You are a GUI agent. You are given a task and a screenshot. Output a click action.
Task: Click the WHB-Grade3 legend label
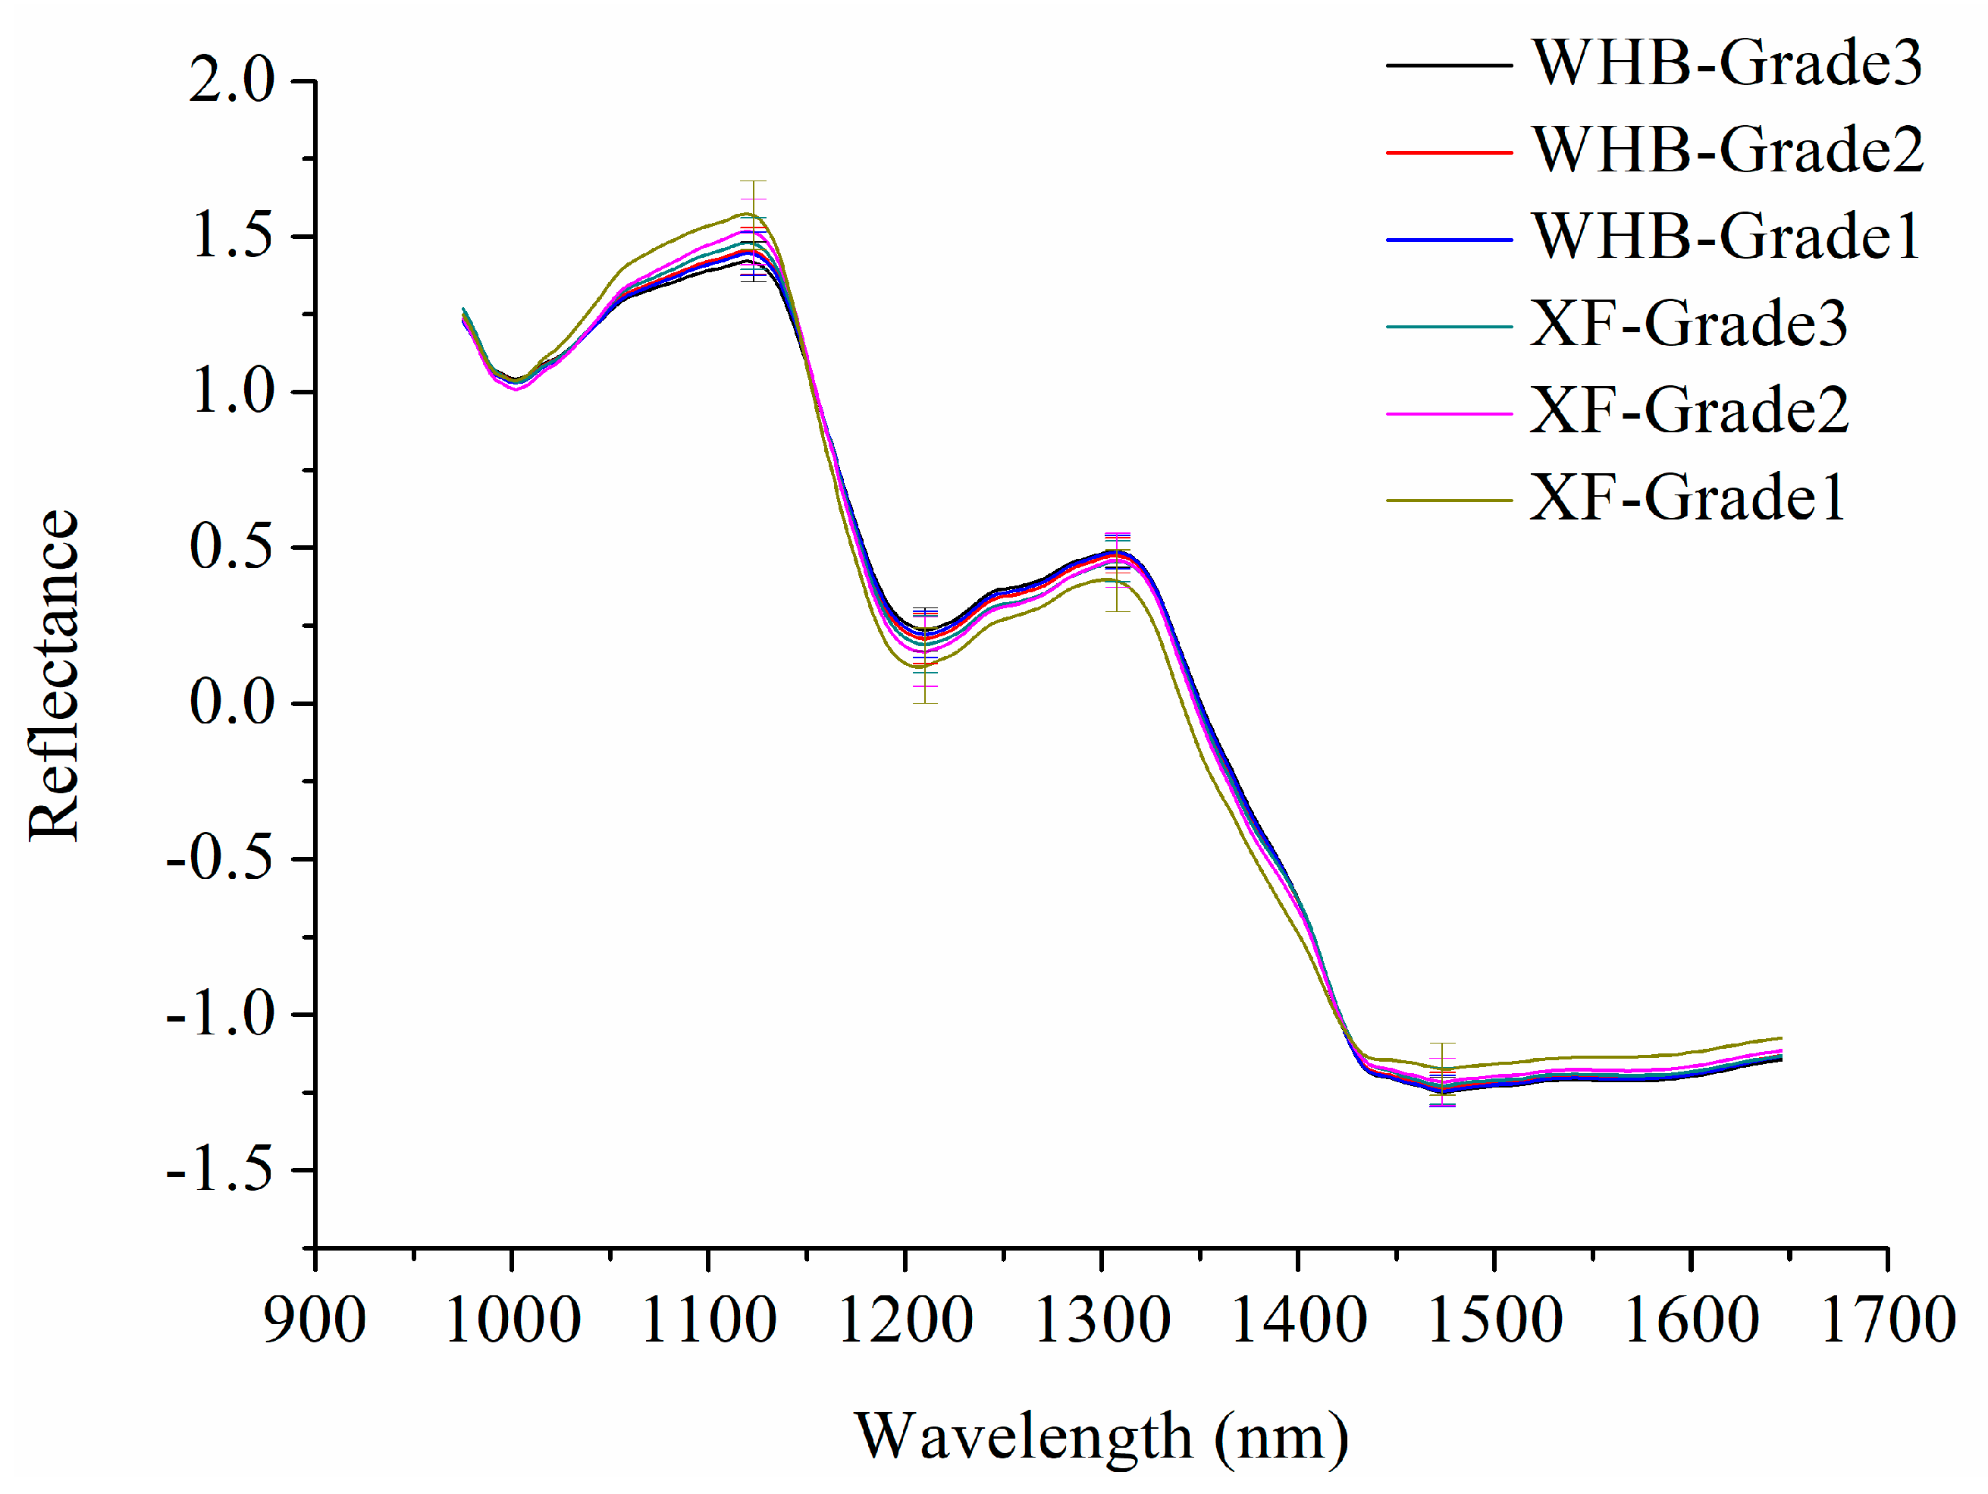tap(1726, 64)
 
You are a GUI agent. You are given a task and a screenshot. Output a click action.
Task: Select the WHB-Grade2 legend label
tap(1726, 150)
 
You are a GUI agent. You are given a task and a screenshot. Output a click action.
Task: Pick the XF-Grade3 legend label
tap(1688, 325)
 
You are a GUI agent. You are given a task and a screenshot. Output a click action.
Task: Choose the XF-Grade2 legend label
tap(1688, 412)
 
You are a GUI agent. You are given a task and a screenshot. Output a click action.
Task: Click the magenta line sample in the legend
tap(1448, 413)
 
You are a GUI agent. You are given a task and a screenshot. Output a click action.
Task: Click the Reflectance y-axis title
tap(54, 675)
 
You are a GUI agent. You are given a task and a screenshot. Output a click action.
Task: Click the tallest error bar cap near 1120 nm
tap(752, 181)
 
